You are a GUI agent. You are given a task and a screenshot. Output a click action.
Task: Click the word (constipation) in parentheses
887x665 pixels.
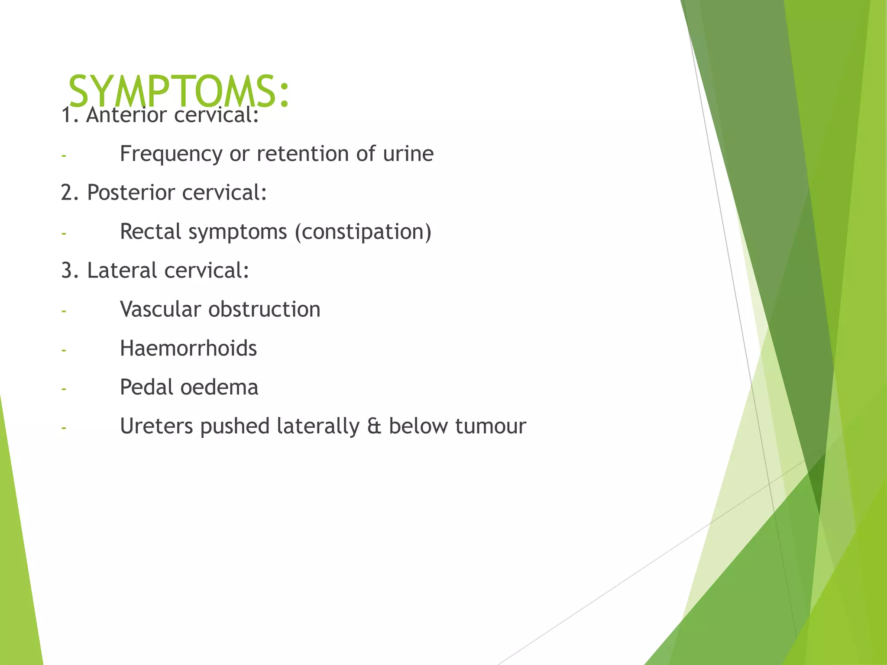(x=363, y=232)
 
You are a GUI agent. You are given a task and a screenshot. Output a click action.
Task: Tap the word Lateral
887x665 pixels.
(x=122, y=271)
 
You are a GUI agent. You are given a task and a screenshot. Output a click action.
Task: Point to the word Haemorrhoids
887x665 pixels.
(x=188, y=349)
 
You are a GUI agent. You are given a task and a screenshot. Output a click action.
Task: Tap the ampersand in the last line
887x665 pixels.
(x=374, y=426)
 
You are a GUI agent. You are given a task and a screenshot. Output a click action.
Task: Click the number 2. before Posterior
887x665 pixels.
(x=70, y=193)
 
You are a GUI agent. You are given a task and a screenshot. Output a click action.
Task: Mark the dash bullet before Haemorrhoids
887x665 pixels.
(x=64, y=350)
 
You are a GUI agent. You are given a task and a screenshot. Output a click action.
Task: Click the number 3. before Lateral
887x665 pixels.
(x=70, y=271)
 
